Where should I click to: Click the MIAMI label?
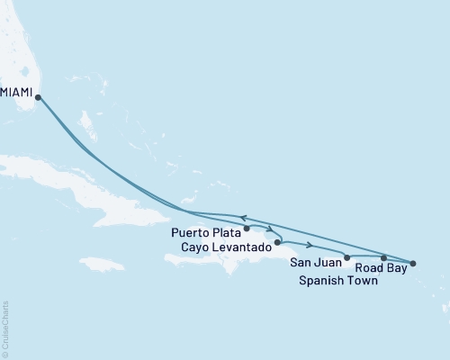[x=18, y=92]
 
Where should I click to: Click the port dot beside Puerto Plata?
[x=247, y=229]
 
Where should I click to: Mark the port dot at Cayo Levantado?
[x=277, y=242]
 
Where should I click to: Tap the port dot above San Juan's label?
[x=347, y=257]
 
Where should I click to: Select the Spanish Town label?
[x=338, y=281]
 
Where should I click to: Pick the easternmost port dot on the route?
[x=413, y=263]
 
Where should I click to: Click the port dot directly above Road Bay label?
[x=384, y=258]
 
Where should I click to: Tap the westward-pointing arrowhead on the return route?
[x=241, y=219]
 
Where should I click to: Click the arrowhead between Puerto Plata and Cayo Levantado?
[x=269, y=228]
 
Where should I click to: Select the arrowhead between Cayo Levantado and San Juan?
[x=310, y=245]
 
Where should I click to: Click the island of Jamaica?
[x=101, y=264]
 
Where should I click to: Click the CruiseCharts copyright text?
[x=5, y=325]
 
